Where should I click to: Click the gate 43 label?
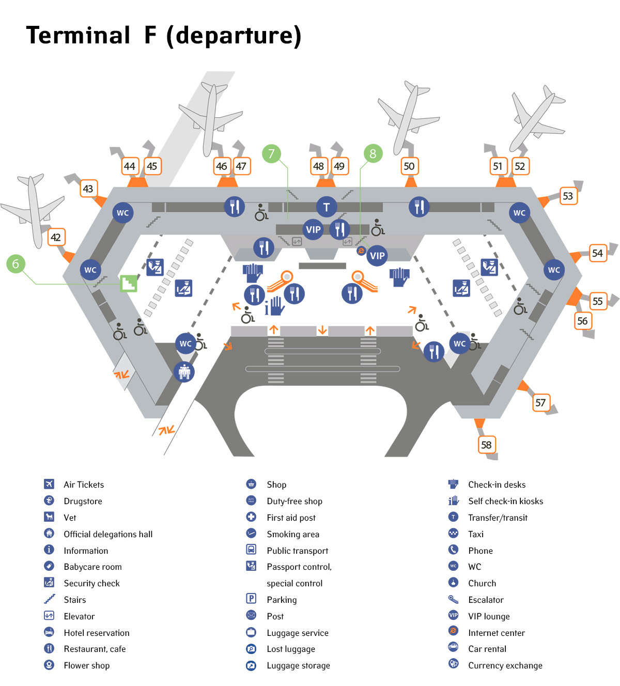(x=88, y=189)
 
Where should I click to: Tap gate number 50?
(x=409, y=166)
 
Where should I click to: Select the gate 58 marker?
(x=486, y=445)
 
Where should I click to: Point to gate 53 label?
(x=568, y=196)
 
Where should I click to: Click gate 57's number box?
(x=540, y=402)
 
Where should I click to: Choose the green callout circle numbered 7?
(x=271, y=153)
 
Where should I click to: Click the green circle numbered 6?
(x=16, y=264)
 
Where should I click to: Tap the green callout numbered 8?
(x=373, y=153)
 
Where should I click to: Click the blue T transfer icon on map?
(x=326, y=208)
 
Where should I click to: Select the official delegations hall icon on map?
(x=184, y=371)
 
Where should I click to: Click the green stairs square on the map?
(x=129, y=283)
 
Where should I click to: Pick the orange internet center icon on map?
(x=361, y=251)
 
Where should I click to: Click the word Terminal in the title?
(x=78, y=35)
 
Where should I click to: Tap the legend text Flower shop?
(x=86, y=665)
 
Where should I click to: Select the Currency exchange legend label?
(x=505, y=665)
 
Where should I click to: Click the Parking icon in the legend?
(x=251, y=599)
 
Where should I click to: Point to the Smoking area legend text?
(x=292, y=534)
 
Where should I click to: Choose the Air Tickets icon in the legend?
(x=49, y=484)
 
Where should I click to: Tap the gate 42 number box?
(x=56, y=238)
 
